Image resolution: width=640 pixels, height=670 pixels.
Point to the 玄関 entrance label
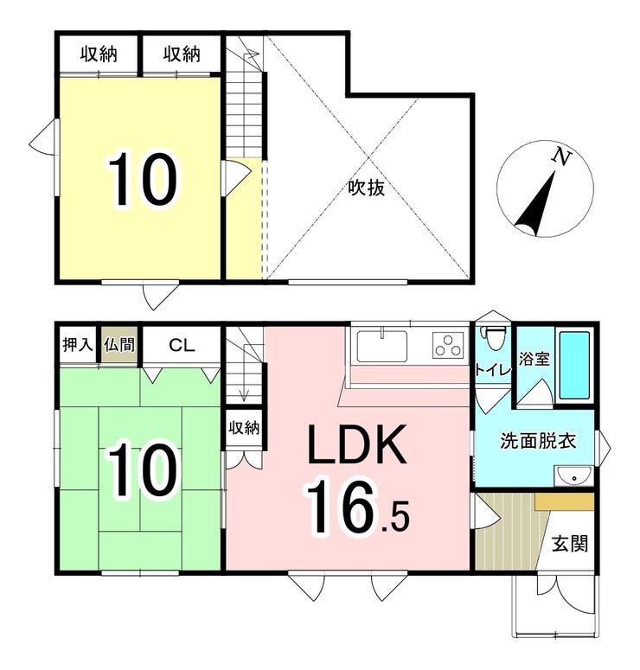click(571, 544)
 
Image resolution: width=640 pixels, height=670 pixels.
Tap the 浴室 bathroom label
click(534, 359)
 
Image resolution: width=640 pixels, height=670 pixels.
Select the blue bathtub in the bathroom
click(574, 364)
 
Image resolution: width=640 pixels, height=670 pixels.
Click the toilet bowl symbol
click(494, 338)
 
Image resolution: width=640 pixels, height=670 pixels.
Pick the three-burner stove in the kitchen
click(449, 346)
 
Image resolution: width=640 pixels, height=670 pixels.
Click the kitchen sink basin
click(381, 347)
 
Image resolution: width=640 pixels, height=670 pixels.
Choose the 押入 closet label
click(77, 345)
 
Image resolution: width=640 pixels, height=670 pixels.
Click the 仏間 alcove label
click(118, 345)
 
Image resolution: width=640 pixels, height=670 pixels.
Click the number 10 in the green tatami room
click(143, 471)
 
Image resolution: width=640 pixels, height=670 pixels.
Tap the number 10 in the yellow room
click(143, 180)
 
